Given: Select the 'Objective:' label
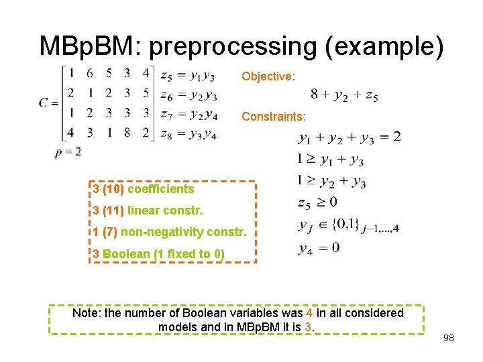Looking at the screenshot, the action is coord(268,76).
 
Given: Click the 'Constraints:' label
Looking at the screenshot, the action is coord(274,117).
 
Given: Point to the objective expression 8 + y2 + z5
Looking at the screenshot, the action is coord(345,96).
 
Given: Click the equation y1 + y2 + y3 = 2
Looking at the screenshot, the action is coord(350,138).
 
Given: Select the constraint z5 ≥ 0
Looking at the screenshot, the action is coord(317,202).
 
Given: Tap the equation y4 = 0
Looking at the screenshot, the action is coord(319,249).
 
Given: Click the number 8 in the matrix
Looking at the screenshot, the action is coord(127,132).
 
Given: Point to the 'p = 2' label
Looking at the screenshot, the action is coord(68,152).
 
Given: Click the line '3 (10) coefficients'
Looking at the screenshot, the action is coord(144,189).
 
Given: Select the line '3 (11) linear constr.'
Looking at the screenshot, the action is coord(148,210).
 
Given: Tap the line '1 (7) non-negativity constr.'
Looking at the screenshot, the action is coord(170,233).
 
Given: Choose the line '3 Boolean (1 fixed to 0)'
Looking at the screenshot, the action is coord(159,253).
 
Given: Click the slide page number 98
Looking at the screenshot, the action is coord(448,338).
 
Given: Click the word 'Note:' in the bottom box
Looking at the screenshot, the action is coord(86,313).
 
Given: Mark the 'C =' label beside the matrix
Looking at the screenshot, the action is coord(48,103).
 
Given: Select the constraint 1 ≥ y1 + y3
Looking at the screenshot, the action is coord(330,160).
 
